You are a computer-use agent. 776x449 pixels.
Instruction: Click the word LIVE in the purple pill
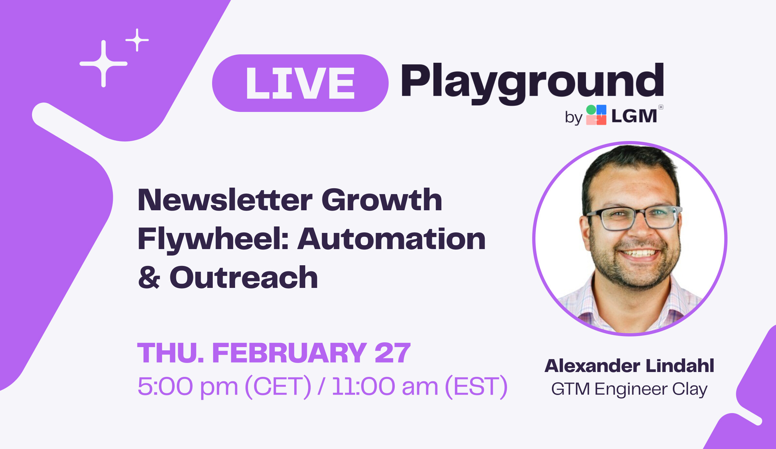point(300,83)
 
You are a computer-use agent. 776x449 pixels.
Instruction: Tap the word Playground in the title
point(533,83)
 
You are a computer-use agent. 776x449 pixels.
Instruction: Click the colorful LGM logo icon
point(596,115)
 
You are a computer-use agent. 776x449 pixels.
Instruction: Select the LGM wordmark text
point(634,116)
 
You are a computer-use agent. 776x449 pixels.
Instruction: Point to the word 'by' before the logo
point(574,117)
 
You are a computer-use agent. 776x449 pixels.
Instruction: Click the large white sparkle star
point(103,64)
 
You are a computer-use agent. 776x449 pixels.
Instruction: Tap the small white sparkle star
point(137,40)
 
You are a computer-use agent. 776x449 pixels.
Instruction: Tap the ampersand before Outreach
point(149,278)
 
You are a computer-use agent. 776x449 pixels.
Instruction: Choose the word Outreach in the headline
point(244,277)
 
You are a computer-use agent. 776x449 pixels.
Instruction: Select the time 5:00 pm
point(188,386)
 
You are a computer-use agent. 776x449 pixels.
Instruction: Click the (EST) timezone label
point(476,386)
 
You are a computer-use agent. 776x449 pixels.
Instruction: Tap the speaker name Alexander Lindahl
point(629,366)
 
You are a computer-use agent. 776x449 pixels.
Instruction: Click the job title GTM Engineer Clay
point(629,389)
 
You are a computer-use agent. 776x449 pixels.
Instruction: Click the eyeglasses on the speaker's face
point(634,217)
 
